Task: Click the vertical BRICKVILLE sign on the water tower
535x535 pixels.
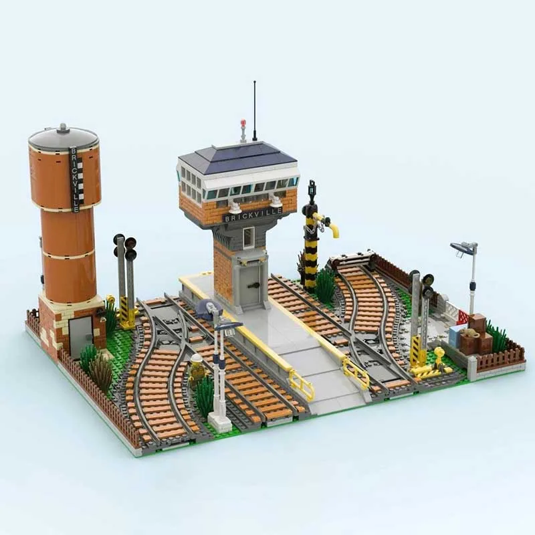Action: pyautogui.click(x=76, y=180)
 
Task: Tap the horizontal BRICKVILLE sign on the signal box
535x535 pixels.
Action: pyautogui.click(x=253, y=214)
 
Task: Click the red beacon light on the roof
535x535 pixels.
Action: pyautogui.click(x=243, y=123)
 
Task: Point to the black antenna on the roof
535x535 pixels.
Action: pyautogui.click(x=255, y=111)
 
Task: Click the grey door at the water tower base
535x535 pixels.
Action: pyautogui.click(x=81, y=336)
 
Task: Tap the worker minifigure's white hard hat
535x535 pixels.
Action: pyautogui.click(x=197, y=358)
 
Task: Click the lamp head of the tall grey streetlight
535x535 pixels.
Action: pyautogui.click(x=461, y=247)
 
